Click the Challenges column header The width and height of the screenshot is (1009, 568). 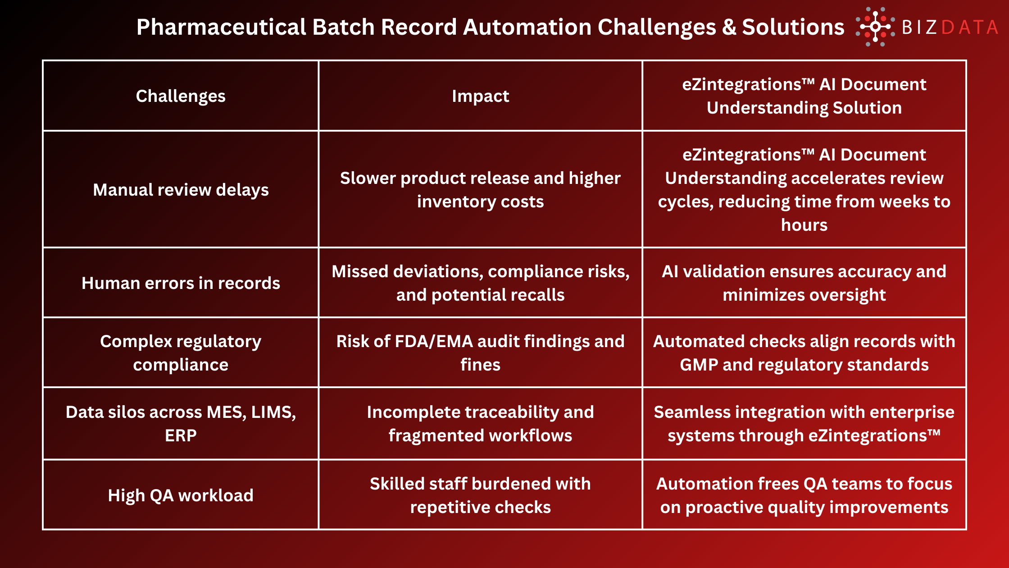pyautogui.click(x=181, y=96)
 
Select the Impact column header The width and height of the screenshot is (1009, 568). pyautogui.click(x=480, y=96)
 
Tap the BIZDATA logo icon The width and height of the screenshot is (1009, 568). pyautogui.click(x=875, y=27)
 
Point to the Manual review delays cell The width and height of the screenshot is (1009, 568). pyautogui.click(x=181, y=190)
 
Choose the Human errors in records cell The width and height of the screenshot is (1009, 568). pyautogui.click(x=181, y=283)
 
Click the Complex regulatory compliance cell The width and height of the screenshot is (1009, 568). pyautogui.click(x=181, y=353)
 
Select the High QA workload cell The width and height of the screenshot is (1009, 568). pyautogui.click(x=181, y=495)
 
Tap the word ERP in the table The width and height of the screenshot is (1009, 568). pyautogui.click(x=181, y=435)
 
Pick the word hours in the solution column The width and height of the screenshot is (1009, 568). pyautogui.click(x=804, y=225)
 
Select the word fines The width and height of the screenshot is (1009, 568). pyautogui.click(x=480, y=365)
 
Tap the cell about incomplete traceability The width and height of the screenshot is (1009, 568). pyautogui.click(x=480, y=424)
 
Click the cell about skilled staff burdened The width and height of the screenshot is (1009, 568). pyautogui.click(x=480, y=495)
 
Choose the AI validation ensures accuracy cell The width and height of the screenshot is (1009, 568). pyautogui.click(x=804, y=283)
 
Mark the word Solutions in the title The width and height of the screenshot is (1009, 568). pyautogui.click(x=793, y=27)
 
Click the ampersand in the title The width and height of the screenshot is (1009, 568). pyautogui.click(x=729, y=27)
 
